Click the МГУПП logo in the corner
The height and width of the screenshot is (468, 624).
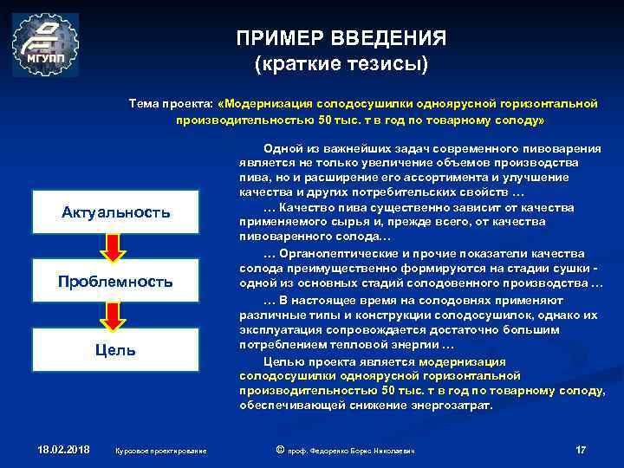pyautogui.click(x=45, y=45)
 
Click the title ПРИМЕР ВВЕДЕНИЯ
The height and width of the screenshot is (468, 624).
pyautogui.click(x=341, y=39)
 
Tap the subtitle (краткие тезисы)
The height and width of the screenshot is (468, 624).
pyautogui.click(x=341, y=65)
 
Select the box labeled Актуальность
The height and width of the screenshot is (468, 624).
pyautogui.click(x=115, y=213)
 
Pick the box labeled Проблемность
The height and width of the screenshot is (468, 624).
pyautogui.click(x=115, y=282)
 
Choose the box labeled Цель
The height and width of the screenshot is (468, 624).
pyautogui.click(x=115, y=350)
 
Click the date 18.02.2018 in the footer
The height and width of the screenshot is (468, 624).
pyautogui.click(x=63, y=449)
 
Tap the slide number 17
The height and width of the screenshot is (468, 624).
pyautogui.click(x=581, y=449)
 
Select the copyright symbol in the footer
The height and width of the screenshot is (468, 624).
pyautogui.click(x=279, y=449)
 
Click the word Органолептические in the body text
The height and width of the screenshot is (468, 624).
pyautogui.click(x=331, y=254)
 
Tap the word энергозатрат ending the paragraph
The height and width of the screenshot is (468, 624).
pyautogui.click(x=452, y=405)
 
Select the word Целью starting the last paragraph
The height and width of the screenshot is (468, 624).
pyautogui.click(x=281, y=361)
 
